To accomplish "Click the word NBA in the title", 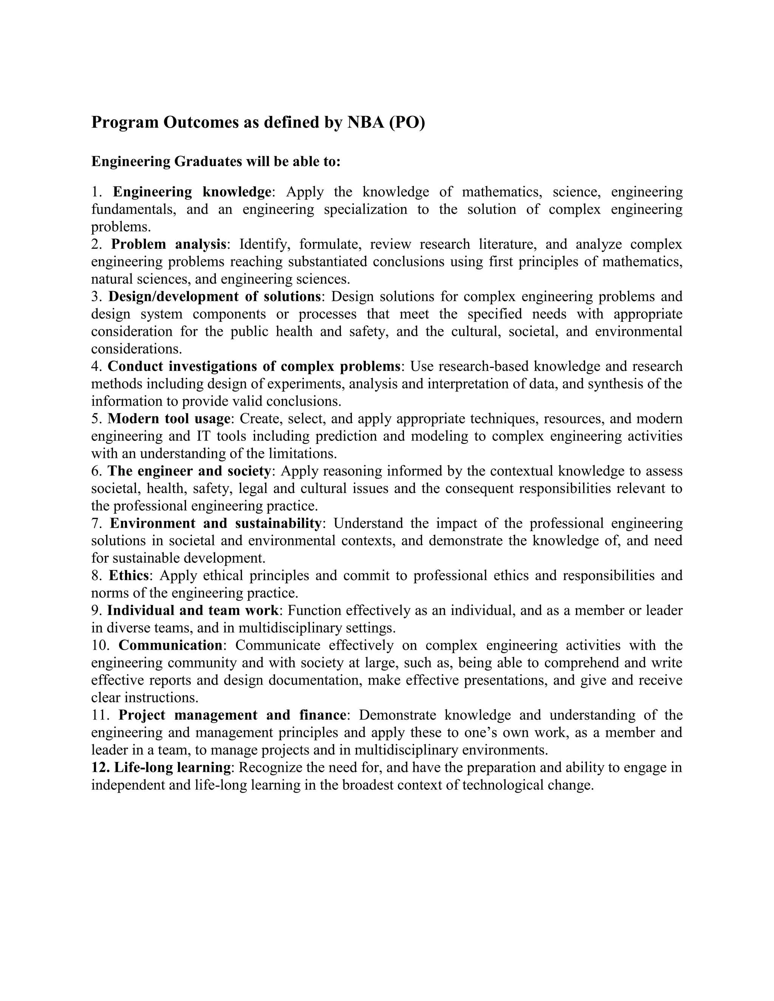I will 365,122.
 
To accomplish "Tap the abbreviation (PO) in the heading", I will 407,122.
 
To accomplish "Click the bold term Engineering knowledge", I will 192,192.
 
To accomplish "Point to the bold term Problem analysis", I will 169,244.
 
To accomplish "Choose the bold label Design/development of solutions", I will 214,296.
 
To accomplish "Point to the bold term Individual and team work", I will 193,610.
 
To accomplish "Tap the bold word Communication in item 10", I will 170,645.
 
